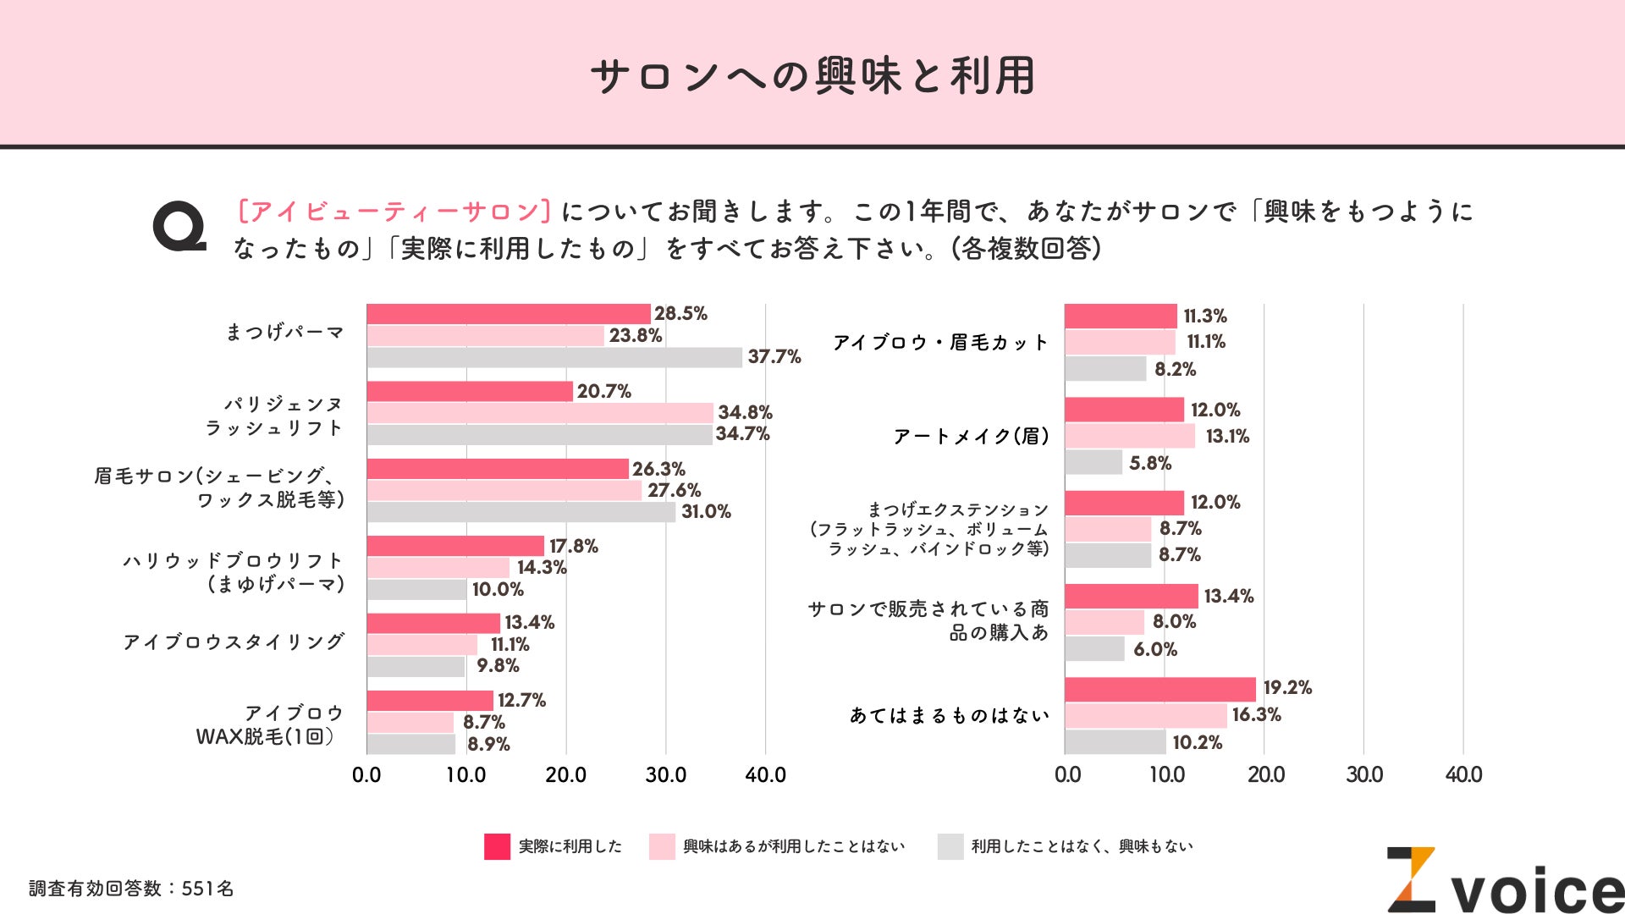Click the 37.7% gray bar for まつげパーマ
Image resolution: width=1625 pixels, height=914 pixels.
pyautogui.click(x=554, y=357)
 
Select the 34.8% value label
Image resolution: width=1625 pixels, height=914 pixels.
pyautogui.click(x=745, y=412)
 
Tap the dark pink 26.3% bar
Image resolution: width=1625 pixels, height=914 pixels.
pyautogui.click(x=498, y=469)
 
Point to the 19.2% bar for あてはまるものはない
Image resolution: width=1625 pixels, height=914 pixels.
pyautogui.click(x=1160, y=689)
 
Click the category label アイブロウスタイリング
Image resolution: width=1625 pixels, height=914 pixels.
pyautogui.click(x=234, y=642)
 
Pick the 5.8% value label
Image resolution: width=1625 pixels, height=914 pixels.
pyautogui.click(x=1149, y=463)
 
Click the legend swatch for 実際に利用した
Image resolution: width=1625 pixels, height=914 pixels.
pyautogui.click(x=497, y=846)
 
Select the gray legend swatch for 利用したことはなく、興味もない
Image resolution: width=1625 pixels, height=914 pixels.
pyautogui.click(x=950, y=846)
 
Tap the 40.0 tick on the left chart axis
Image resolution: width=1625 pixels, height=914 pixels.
pyautogui.click(x=765, y=774)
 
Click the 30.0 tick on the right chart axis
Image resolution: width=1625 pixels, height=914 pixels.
pyautogui.click(x=1364, y=774)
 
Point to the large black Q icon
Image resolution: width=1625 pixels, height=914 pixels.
pyautogui.click(x=179, y=227)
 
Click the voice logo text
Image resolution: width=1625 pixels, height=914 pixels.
pyautogui.click(x=1536, y=891)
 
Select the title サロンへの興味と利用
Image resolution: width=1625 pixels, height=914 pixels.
pyautogui.click(x=812, y=76)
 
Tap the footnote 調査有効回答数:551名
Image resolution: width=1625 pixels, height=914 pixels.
pyautogui.click(x=131, y=889)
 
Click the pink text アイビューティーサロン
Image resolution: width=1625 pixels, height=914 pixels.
pyautogui.click(x=394, y=211)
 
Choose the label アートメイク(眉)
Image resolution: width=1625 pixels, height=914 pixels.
pyautogui.click(x=972, y=437)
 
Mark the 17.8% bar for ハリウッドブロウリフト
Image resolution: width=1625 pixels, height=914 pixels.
pyautogui.click(x=455, y=546)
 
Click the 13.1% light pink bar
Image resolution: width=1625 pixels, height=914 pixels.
pyautogui.click(x=1129, y=437)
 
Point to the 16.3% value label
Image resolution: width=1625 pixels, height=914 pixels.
pyautogui.click(x=1256, y=715)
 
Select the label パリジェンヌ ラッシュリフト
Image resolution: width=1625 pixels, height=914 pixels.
pyautogui.click(x=274, y=416)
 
